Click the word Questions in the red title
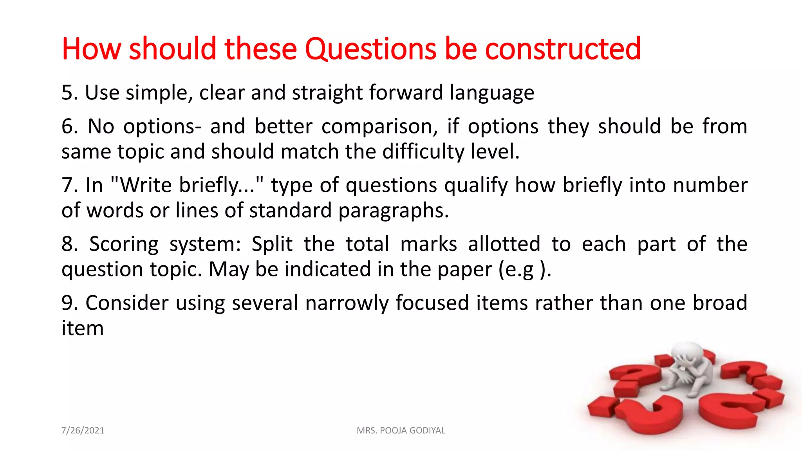[370, 49]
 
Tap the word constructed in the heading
[563, 49]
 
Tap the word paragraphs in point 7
[393, 211]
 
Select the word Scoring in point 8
[124, 245]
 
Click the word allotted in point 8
[504, 244]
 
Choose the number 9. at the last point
[70, 303]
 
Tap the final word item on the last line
[83, 328]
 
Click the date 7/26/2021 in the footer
[83, 431]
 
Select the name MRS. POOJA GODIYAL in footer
[401, 431]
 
